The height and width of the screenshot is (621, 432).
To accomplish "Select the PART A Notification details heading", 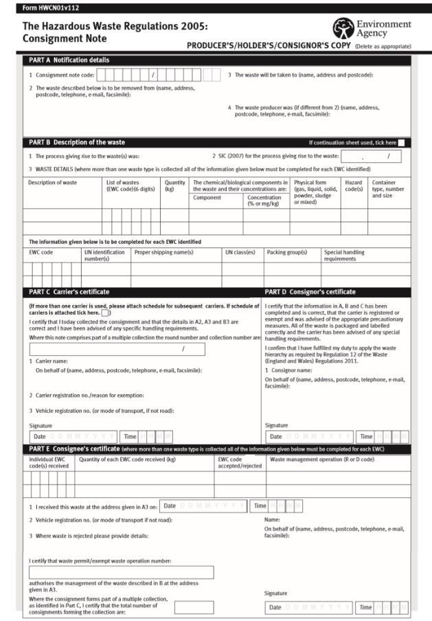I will (x=69, y=60).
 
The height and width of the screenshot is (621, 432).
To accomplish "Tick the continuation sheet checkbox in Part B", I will (x=401, y=143).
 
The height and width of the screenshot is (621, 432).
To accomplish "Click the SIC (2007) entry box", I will (x=371, y=157).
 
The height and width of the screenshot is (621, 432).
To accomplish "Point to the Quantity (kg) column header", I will (x=174, y=185).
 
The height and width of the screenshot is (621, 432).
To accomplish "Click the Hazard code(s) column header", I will (x=354, y=185).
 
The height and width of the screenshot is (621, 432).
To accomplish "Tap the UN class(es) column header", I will (x=240, y=252).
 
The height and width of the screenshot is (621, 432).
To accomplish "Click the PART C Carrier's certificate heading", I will (x=69, y=292).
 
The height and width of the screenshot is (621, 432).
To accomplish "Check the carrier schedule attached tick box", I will (x=105, y=313).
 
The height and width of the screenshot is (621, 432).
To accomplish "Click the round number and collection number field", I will (x=117, y=349).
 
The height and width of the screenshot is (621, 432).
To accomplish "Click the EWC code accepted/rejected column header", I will (x=240, y=462).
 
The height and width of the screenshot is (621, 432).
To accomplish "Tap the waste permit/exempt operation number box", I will (x=121, y=572).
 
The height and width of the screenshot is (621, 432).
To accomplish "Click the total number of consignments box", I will (x=194, y=607).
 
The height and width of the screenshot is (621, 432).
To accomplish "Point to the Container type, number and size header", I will (x=388, y=189).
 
